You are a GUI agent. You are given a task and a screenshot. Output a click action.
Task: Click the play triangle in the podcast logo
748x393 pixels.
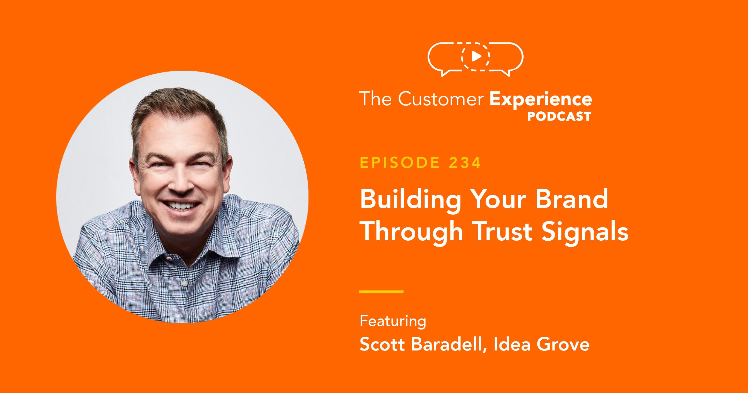[x=476, y=56]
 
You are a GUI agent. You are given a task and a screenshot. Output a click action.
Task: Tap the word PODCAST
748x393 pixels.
[x=559, y=116]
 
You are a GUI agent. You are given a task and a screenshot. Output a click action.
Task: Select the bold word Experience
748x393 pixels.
[x=540, y=99]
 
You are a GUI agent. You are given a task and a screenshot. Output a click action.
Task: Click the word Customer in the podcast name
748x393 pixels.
[x=440, y=99]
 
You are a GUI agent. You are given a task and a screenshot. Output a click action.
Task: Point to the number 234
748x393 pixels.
[x=465, y=163]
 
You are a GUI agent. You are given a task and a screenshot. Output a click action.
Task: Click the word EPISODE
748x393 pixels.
[x=399, y=163]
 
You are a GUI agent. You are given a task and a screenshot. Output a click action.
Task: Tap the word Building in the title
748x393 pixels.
[x=411, y=200]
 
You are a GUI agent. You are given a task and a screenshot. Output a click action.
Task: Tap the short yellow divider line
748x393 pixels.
[x=381, y=292]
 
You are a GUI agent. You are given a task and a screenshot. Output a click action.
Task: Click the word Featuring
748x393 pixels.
[x=393, y=321]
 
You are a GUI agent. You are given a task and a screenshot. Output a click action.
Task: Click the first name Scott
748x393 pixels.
[x=382, y=344]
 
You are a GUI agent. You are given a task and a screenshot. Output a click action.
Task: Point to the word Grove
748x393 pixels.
[x=563, y=344]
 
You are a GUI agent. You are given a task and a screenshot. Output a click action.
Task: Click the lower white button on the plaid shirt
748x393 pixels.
[x=185, y=283]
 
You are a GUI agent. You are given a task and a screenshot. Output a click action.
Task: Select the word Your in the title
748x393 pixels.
[x=498, y=199]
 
